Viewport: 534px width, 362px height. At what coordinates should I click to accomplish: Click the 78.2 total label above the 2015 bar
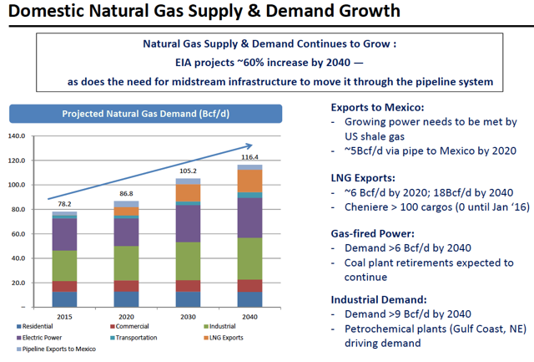click(64, 205)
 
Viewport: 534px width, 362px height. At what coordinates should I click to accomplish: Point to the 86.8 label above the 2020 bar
click(127, 194)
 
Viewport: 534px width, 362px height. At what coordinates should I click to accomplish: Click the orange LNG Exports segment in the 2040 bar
click(250, 181)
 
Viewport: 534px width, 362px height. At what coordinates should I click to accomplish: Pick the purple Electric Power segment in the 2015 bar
click(64, 235)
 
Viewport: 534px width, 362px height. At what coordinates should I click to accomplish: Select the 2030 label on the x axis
click(189, 317)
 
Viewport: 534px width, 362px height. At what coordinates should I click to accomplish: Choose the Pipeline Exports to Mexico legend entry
click(57, 349)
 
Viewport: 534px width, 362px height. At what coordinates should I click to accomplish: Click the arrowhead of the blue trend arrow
click(273, 145)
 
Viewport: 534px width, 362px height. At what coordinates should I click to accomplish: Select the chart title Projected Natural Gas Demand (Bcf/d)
click(148, 114)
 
